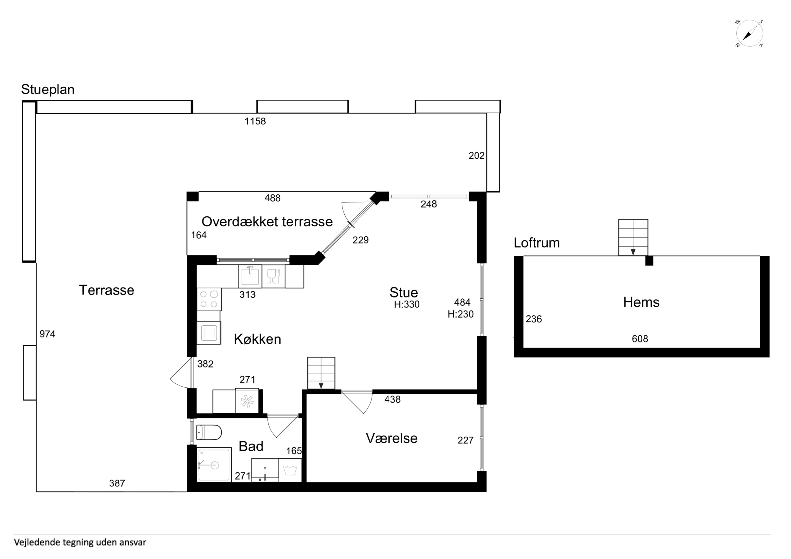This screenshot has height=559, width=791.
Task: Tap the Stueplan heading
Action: click(48, 90)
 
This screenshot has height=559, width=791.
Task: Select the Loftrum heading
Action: click(536, 243)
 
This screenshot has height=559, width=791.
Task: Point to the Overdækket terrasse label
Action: click(267, 222)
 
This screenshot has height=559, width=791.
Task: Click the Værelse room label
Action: click(391, 438)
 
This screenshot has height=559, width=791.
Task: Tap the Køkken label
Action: click(257, 339)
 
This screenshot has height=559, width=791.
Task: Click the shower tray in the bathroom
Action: click(214, 465)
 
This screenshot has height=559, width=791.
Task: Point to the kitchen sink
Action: click(250, 276)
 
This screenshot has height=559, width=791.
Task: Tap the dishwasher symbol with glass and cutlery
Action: click(273, 276)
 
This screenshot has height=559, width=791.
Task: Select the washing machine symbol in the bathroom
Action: click(290, 470)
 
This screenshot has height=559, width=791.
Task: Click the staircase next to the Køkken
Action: click(321, 373)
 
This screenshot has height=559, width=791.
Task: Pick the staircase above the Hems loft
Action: click(633, 237)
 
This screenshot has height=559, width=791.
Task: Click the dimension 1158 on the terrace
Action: click(255, 121)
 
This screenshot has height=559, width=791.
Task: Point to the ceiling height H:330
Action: click(407, 304)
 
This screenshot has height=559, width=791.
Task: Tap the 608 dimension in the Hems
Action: click(640, 339)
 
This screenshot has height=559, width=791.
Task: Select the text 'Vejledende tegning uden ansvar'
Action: click(80, 542)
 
